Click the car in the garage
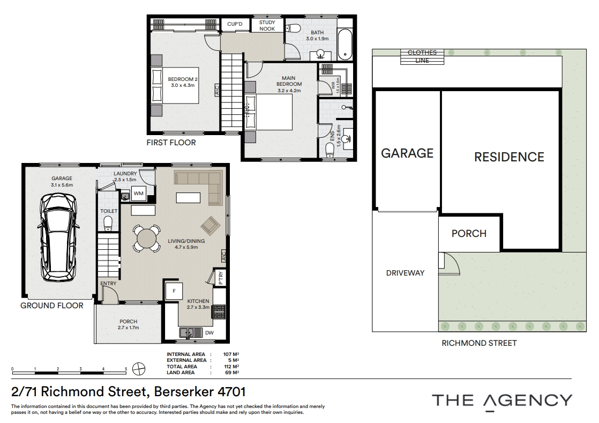point(59,238)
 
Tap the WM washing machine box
point(138,194)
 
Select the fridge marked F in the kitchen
point(174,291)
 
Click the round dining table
point(147,239)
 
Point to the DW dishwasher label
point(209,333)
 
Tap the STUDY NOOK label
point(267,26)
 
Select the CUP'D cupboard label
point(235,24)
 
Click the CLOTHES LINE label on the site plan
point(422,56)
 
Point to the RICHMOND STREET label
point(479,343)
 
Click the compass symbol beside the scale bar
point(139,369)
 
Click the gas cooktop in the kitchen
point(219,311)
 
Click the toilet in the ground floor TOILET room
point(108,224)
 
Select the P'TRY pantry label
point(221,278)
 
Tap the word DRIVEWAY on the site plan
point(406,273)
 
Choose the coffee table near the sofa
point(188,197)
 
